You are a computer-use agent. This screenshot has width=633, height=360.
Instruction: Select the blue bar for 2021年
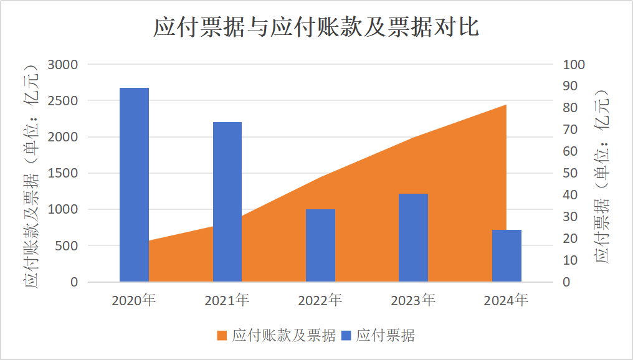click(x=227, y=202)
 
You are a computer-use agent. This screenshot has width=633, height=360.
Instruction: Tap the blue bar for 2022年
click(x=320, y=245)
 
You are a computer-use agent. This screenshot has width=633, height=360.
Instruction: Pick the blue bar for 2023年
click(x=413, y=238)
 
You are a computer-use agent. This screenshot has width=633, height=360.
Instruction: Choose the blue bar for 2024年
click(x=507, y=256)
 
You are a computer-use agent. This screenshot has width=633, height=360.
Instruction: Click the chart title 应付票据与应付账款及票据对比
click(x=316, y=28)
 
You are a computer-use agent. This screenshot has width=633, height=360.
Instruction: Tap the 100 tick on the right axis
click(x=574, y=65)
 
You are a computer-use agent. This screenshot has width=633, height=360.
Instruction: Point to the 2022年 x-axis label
click(x=320, y=300)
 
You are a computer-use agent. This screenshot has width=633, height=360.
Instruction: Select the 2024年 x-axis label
click(x=506, y=300)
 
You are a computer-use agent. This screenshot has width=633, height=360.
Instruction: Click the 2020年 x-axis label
click(x=134, y=300)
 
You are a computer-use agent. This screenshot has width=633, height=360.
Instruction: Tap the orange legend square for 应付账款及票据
click(x=222, y=336)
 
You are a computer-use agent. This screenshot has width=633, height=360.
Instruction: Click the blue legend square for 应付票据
click(x=346, y=336)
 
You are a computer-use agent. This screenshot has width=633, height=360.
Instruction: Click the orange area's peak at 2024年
click(x=505, y=106)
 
